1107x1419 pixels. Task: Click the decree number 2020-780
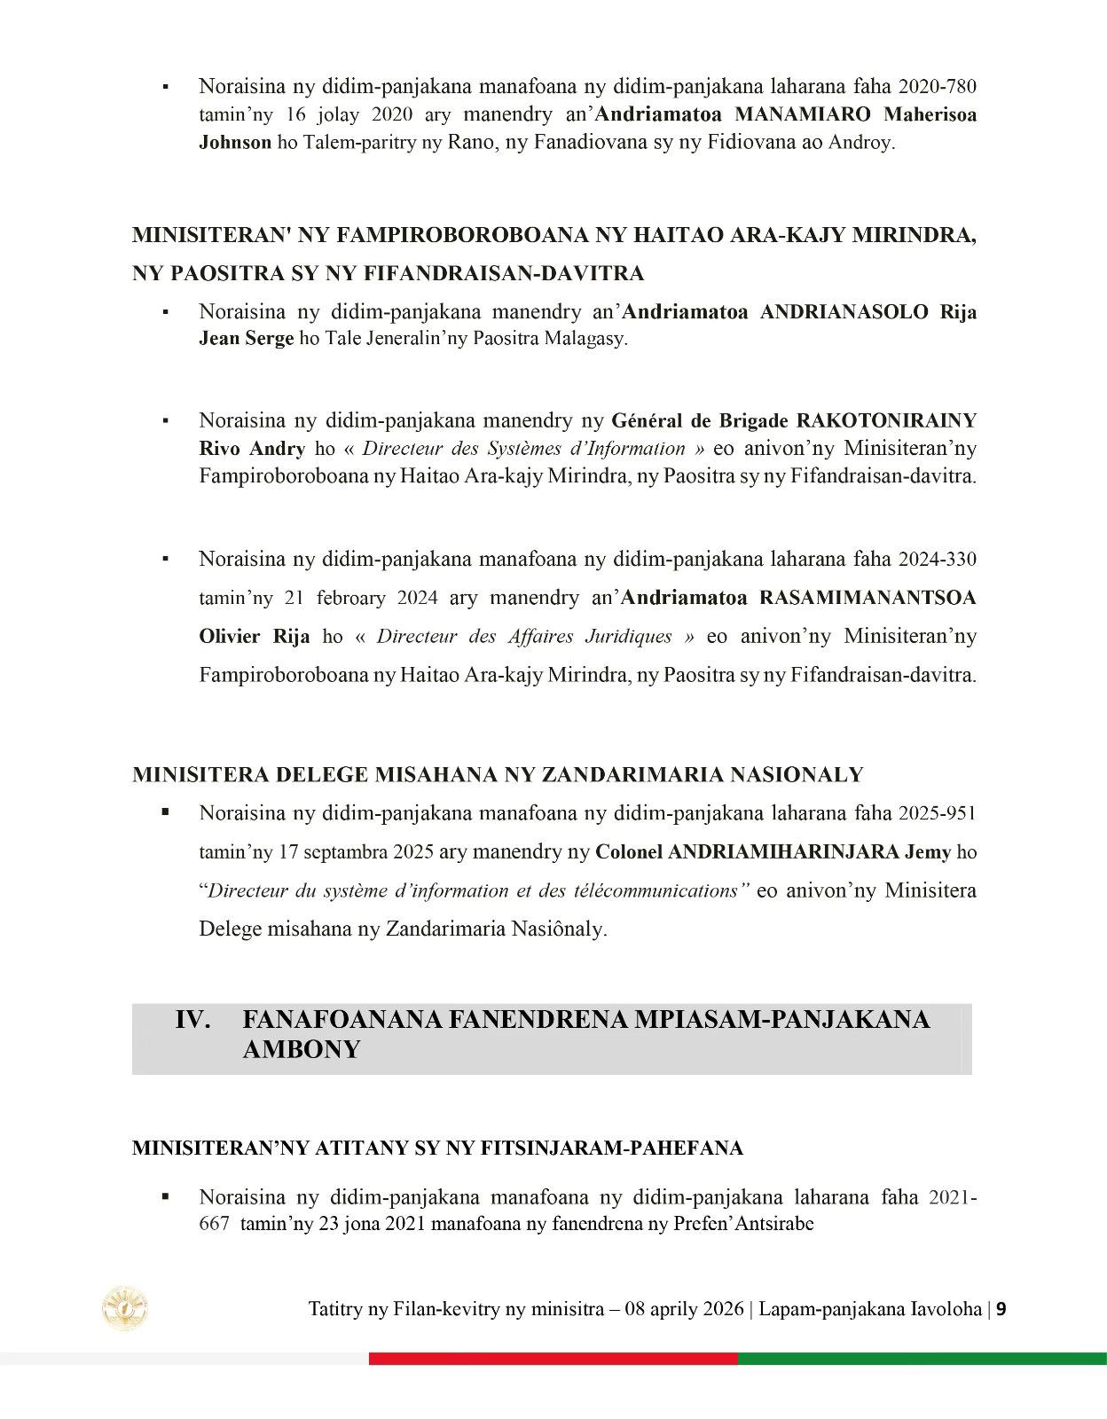(937, 87)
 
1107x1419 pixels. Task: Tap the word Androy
(860, 143)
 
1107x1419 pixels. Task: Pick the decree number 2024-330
(937, 560)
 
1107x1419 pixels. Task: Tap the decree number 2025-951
(937, 813)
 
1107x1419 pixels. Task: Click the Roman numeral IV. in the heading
(192, 1020)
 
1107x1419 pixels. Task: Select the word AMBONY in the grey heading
(301, 1050)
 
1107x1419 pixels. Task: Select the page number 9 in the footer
(1001, 1309)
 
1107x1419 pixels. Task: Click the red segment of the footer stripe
(553, 1359)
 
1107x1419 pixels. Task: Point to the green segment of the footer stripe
(922, 1359)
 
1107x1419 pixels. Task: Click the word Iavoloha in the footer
(946, 1309)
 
